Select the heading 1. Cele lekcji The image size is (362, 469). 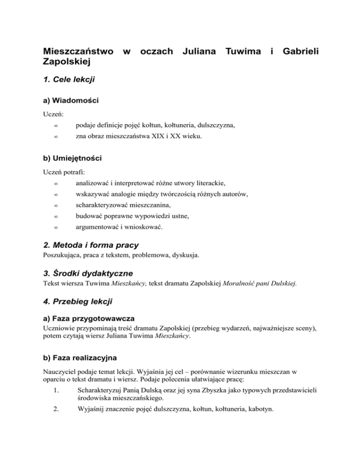pos(69,79)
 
